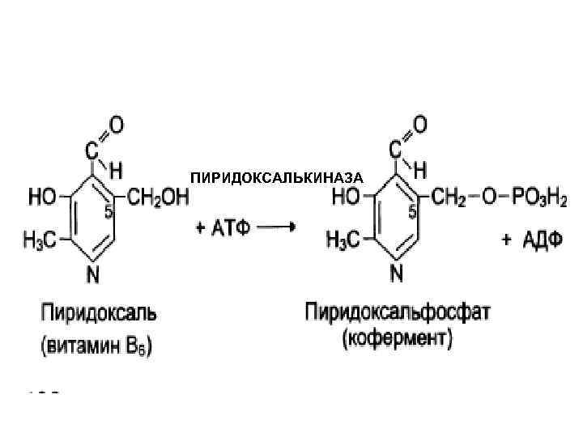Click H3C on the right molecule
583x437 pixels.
[349, 240]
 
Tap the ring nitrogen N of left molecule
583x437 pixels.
[93, 275]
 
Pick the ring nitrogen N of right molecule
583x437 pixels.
[396, 274]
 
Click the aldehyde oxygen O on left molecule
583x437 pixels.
[117, 125]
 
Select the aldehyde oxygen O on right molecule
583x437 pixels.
[419, 125]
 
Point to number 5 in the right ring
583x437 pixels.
[412, 212]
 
